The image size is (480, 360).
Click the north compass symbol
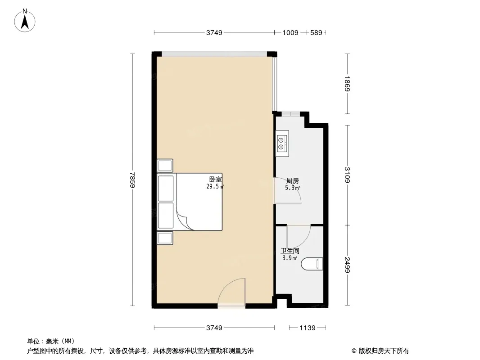26,20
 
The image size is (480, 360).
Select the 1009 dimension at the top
290,33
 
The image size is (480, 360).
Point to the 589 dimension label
316,33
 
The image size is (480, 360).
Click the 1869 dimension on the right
347,84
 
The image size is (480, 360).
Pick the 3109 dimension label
347,175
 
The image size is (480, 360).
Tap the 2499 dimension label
347,264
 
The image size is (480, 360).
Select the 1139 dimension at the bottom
308,328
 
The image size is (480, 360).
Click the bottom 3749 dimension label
214,328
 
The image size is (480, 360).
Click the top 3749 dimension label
214,33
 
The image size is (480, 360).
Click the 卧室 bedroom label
215,180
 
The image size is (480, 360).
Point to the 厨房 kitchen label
293,181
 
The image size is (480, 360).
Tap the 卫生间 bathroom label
290,251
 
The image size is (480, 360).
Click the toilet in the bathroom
312,264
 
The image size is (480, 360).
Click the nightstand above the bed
165,165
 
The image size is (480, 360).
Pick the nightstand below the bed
165,238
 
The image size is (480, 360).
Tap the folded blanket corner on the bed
186,221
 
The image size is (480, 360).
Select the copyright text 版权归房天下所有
383,351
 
